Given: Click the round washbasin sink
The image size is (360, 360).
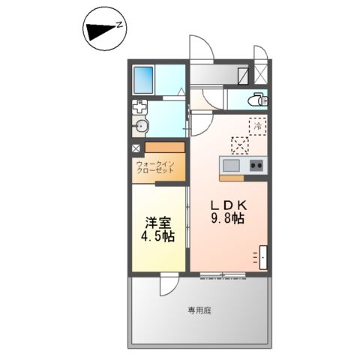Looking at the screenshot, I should point(142,125).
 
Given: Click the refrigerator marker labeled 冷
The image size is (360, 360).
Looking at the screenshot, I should point(258,126).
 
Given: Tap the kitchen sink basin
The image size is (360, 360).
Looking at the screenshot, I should point(230,165).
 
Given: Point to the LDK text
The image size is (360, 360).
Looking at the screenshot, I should point(227,205).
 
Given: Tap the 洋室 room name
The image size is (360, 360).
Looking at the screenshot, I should point(155,222).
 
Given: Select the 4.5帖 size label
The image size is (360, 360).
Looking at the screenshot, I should point(157,236).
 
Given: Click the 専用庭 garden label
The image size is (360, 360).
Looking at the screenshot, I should point(199,310).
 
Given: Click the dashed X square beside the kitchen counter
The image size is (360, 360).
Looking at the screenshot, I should point(241,143).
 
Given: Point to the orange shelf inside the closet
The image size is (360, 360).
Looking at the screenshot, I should point(164,147).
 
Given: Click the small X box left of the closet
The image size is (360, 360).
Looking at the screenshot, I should point(136,148).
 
